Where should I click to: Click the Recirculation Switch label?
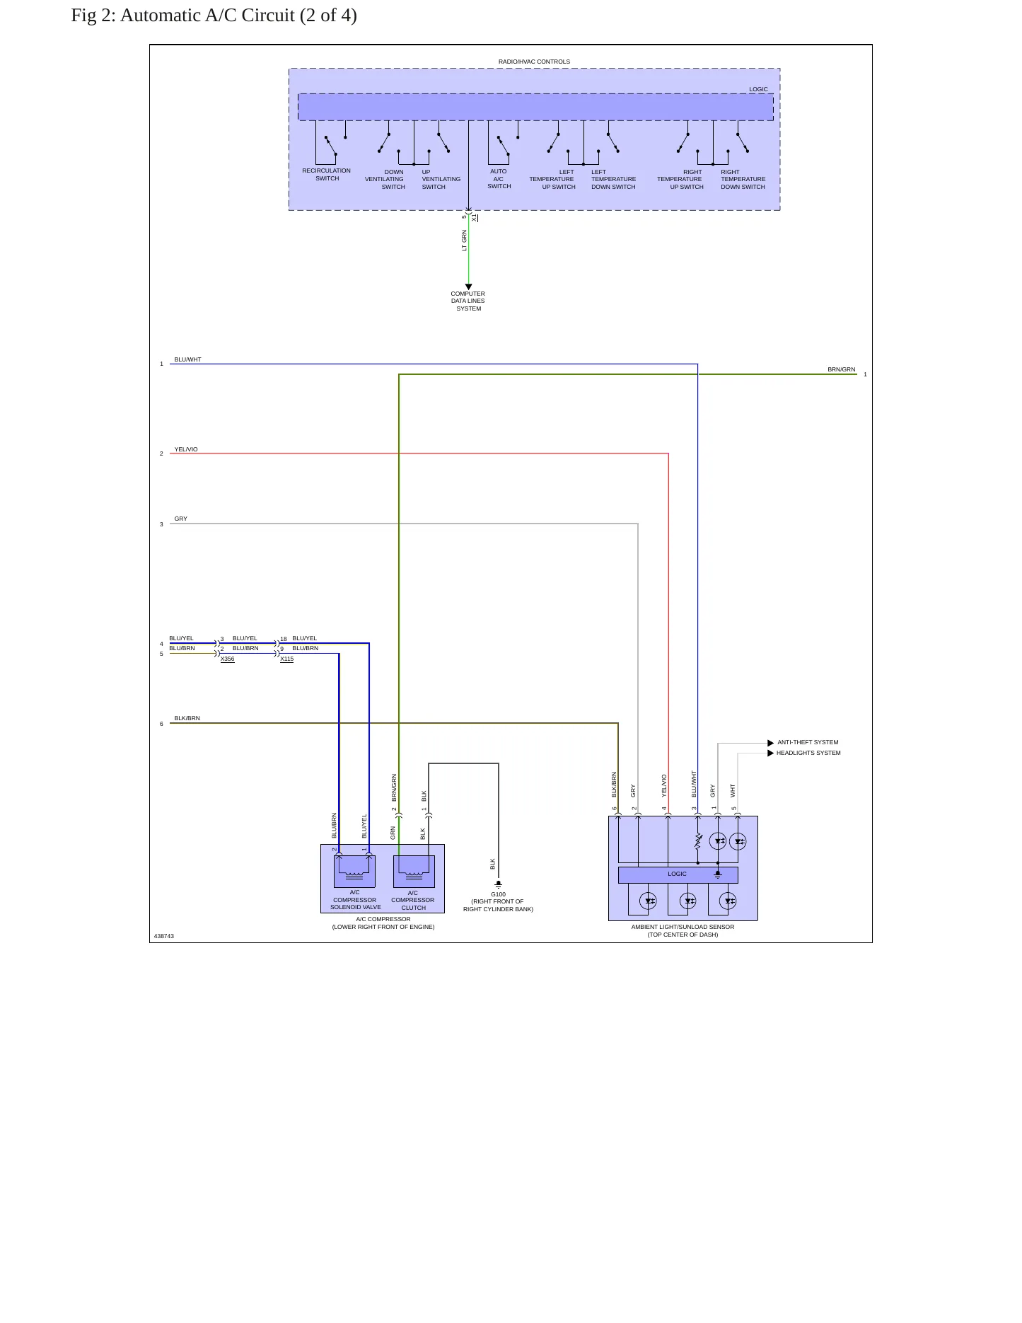pos(326,174)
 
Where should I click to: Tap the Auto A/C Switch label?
pos(499,178)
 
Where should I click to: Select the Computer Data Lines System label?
pos(468,301)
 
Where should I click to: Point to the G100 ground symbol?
pos(499,884)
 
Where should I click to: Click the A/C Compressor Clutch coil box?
pos(414,871)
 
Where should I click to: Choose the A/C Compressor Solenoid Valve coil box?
pos(354,871)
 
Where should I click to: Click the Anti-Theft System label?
pos(808,742)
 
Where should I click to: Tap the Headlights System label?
pos(808,753)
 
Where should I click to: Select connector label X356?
pos(227,659)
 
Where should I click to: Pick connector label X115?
pos(286,659)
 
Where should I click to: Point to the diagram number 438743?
pos(164,936)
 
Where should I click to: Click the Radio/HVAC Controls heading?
pos(534,62)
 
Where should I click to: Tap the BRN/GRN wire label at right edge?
pos(842,369)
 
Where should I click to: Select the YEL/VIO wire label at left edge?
pos(186,449)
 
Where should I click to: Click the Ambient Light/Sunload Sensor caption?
pos(683,930)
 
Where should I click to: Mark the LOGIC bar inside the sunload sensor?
pos(678,874)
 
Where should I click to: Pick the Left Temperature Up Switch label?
pos(552,179)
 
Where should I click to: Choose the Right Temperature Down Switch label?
pos(743,179)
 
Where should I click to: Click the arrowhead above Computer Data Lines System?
pos(468,287)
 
